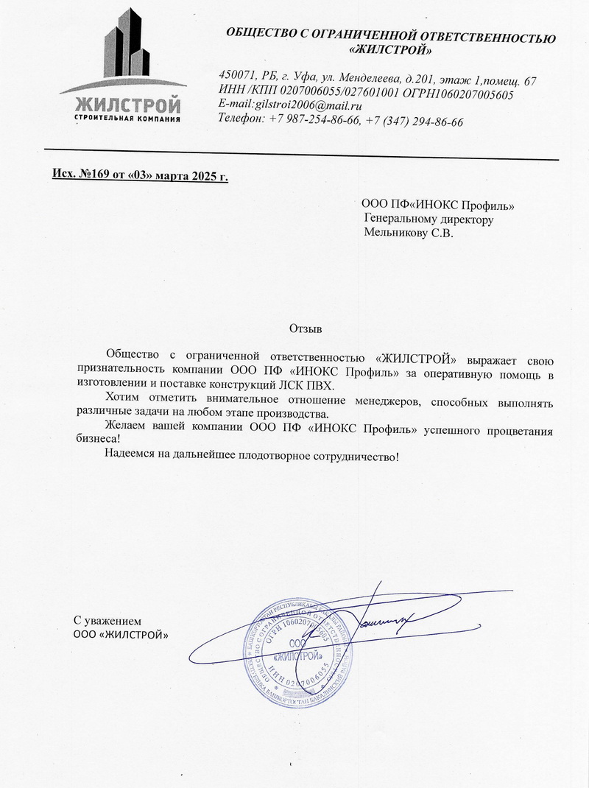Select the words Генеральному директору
pyautogui.click(x=428, y=219)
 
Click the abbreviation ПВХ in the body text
pyautogui.click(x=320, y=387)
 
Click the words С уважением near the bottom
pyautogui.click(x=106, y=620)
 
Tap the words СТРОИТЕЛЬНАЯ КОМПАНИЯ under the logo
pyautogui.click(x=128, y=119)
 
